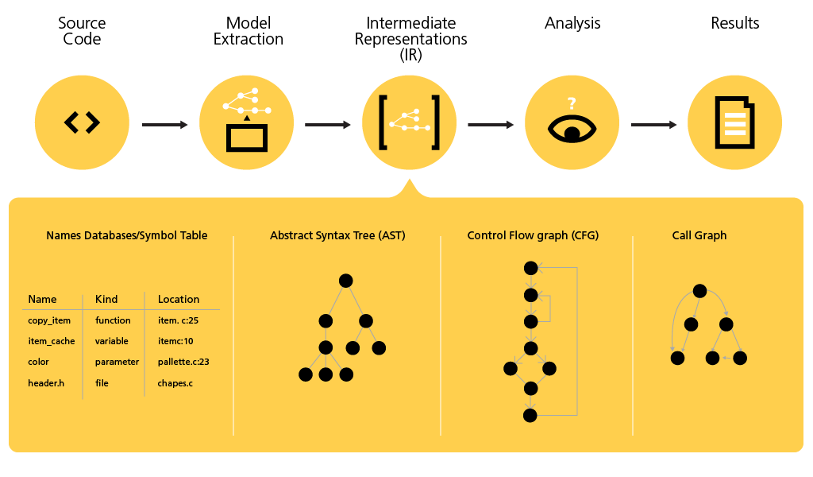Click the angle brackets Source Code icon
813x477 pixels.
click(82, 122)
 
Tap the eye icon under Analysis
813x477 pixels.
click(572, 129)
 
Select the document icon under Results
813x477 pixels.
click(734, 122)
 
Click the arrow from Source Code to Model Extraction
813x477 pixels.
click(164, 125)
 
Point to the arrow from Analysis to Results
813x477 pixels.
click(653, 125)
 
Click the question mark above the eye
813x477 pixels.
click(571, 103)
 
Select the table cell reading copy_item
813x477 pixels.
click(49, 320)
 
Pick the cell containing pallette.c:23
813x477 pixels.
click(183, 362)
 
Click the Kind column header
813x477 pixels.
click(106, 299)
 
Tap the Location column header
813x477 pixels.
click(179, 299)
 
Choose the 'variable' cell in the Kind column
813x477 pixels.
click(112, 341)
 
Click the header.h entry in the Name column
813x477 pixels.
click(46, 383)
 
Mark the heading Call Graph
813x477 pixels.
click(699, 235)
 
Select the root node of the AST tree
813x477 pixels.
click(345, 280)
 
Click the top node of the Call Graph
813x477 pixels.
click(699, 291)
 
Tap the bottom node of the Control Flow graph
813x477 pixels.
click(531, 415)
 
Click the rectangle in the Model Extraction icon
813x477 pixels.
click(247, 138)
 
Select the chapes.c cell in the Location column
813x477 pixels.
click(175, 383)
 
